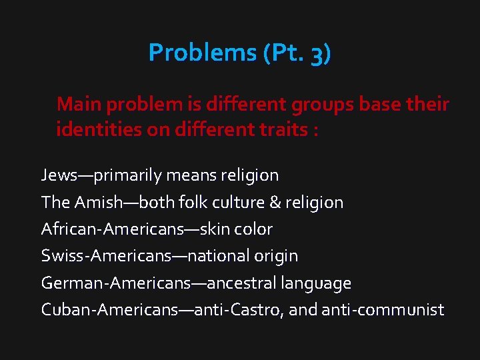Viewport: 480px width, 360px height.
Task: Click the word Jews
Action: pyautogui.click(x=58, y=175)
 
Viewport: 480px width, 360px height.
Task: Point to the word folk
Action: pyautogui.click(x=183, y=202)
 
